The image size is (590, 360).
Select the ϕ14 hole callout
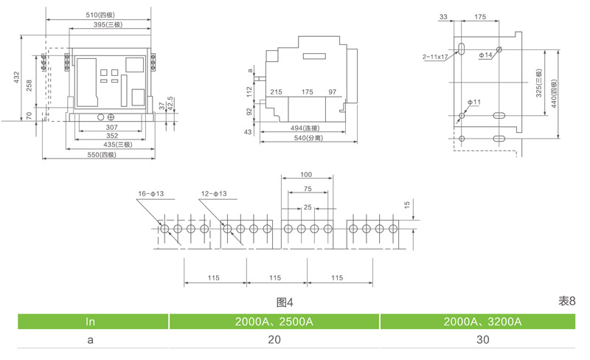pos(485,55)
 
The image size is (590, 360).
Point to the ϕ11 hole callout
pos(473,101)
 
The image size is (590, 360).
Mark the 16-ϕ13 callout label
pos(150,194)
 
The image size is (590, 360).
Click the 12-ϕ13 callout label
pos(213,194)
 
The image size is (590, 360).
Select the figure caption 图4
pos(285,302)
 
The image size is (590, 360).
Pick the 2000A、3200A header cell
pos(482,322)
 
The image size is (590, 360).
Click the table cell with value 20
pos(274,340)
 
